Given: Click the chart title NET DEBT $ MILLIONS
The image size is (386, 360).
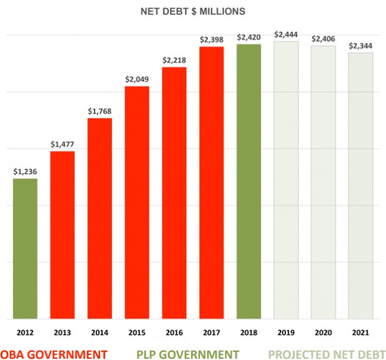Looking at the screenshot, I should pyautogui.click(x=192, y=11).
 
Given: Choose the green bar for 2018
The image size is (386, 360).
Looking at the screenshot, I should pyautogui.click(x=249, y=181).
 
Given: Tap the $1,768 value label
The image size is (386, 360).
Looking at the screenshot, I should pyautogui.click(x=100, y=111).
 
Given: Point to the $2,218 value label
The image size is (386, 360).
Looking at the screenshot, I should pyautogui.click(x=174, y=60).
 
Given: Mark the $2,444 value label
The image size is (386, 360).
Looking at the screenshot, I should pyautogui.click(x=286, y=34).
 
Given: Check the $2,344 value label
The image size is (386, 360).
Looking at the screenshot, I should pyautogui.click(x=360, y=45).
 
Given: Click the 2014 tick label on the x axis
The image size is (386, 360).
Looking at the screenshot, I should pyautogui.click(x=100, y=332).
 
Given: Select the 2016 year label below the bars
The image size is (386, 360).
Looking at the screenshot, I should pyautogui.click(x=174, y=332).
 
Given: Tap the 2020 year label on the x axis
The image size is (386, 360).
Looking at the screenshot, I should pyautogui.click(x=324, y=332).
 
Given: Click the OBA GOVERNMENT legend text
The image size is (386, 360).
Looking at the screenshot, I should pyautogui.click(x=54, y=354).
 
